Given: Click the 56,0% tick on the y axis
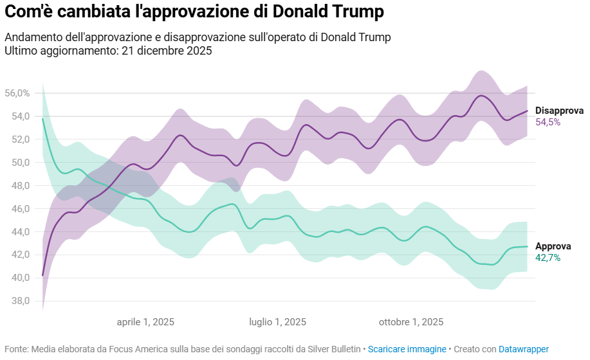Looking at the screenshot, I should point(17,93).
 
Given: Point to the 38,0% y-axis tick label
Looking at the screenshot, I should point(17,301).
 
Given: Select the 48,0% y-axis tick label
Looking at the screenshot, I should point(17,186).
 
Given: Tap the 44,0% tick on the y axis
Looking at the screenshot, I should point(17,231).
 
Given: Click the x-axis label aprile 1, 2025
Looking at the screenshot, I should point(145,322).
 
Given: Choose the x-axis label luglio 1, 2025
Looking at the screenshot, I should point(278,322).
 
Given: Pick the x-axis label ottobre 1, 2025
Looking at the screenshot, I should point(411,322).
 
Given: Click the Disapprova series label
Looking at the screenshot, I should point(559,111).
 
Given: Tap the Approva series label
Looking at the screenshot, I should point(553,246).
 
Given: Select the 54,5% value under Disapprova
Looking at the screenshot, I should point(548,122).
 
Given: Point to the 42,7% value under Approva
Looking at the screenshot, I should point(548,258).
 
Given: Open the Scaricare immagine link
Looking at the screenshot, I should point(407,349).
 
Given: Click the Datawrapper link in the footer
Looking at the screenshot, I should point(524,349).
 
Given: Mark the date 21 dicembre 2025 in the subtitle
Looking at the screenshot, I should point(166,50).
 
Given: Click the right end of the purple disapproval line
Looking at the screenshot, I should point(527,111).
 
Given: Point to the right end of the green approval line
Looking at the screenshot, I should point(527,246).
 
